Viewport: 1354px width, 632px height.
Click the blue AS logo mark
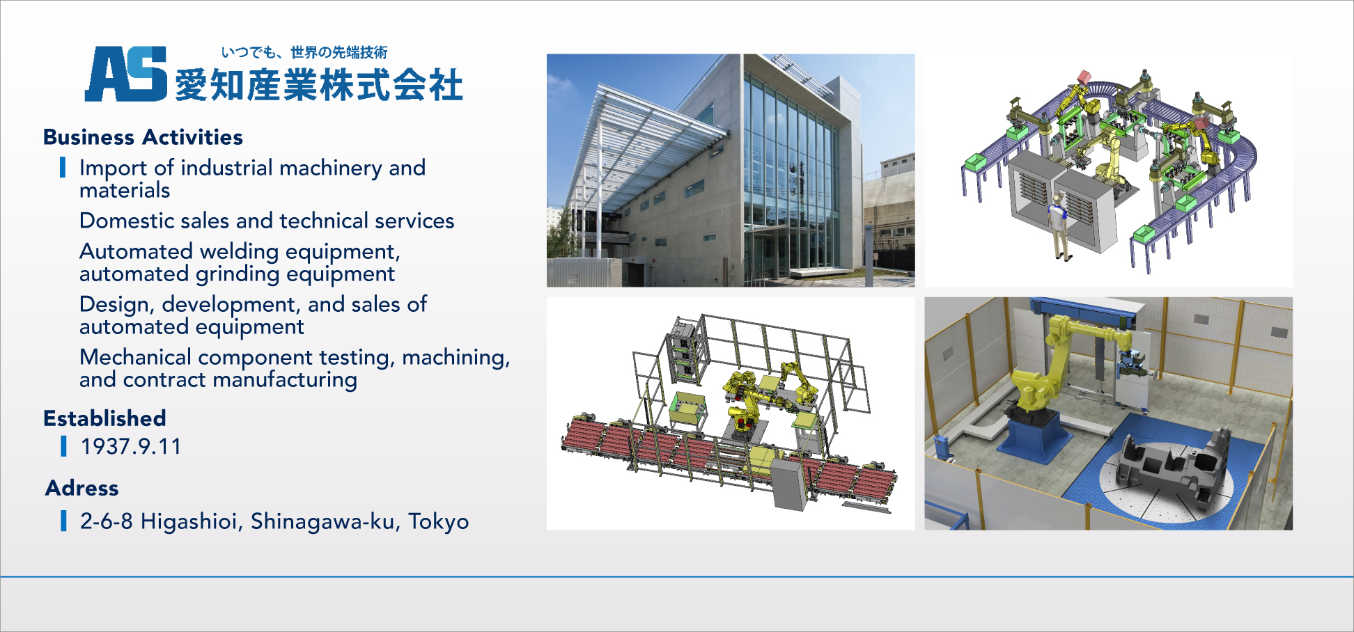tap(126, 74)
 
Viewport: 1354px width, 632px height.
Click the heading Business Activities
tap(143, 137)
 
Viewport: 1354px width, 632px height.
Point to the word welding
tap(239, 252)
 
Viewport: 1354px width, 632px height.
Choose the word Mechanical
tap(135, 357)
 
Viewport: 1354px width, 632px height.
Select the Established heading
tap(104, 418)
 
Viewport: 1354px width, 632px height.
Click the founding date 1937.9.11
tap(131, 446)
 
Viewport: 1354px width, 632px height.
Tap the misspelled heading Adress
tap(82, 488)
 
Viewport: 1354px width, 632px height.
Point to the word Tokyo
tap(438, 521)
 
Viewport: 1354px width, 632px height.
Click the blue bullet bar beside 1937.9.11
tap(64, 446)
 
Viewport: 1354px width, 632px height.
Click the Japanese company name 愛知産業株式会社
tap(318, 85)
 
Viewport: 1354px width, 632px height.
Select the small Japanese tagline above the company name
tap(304, 52)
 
